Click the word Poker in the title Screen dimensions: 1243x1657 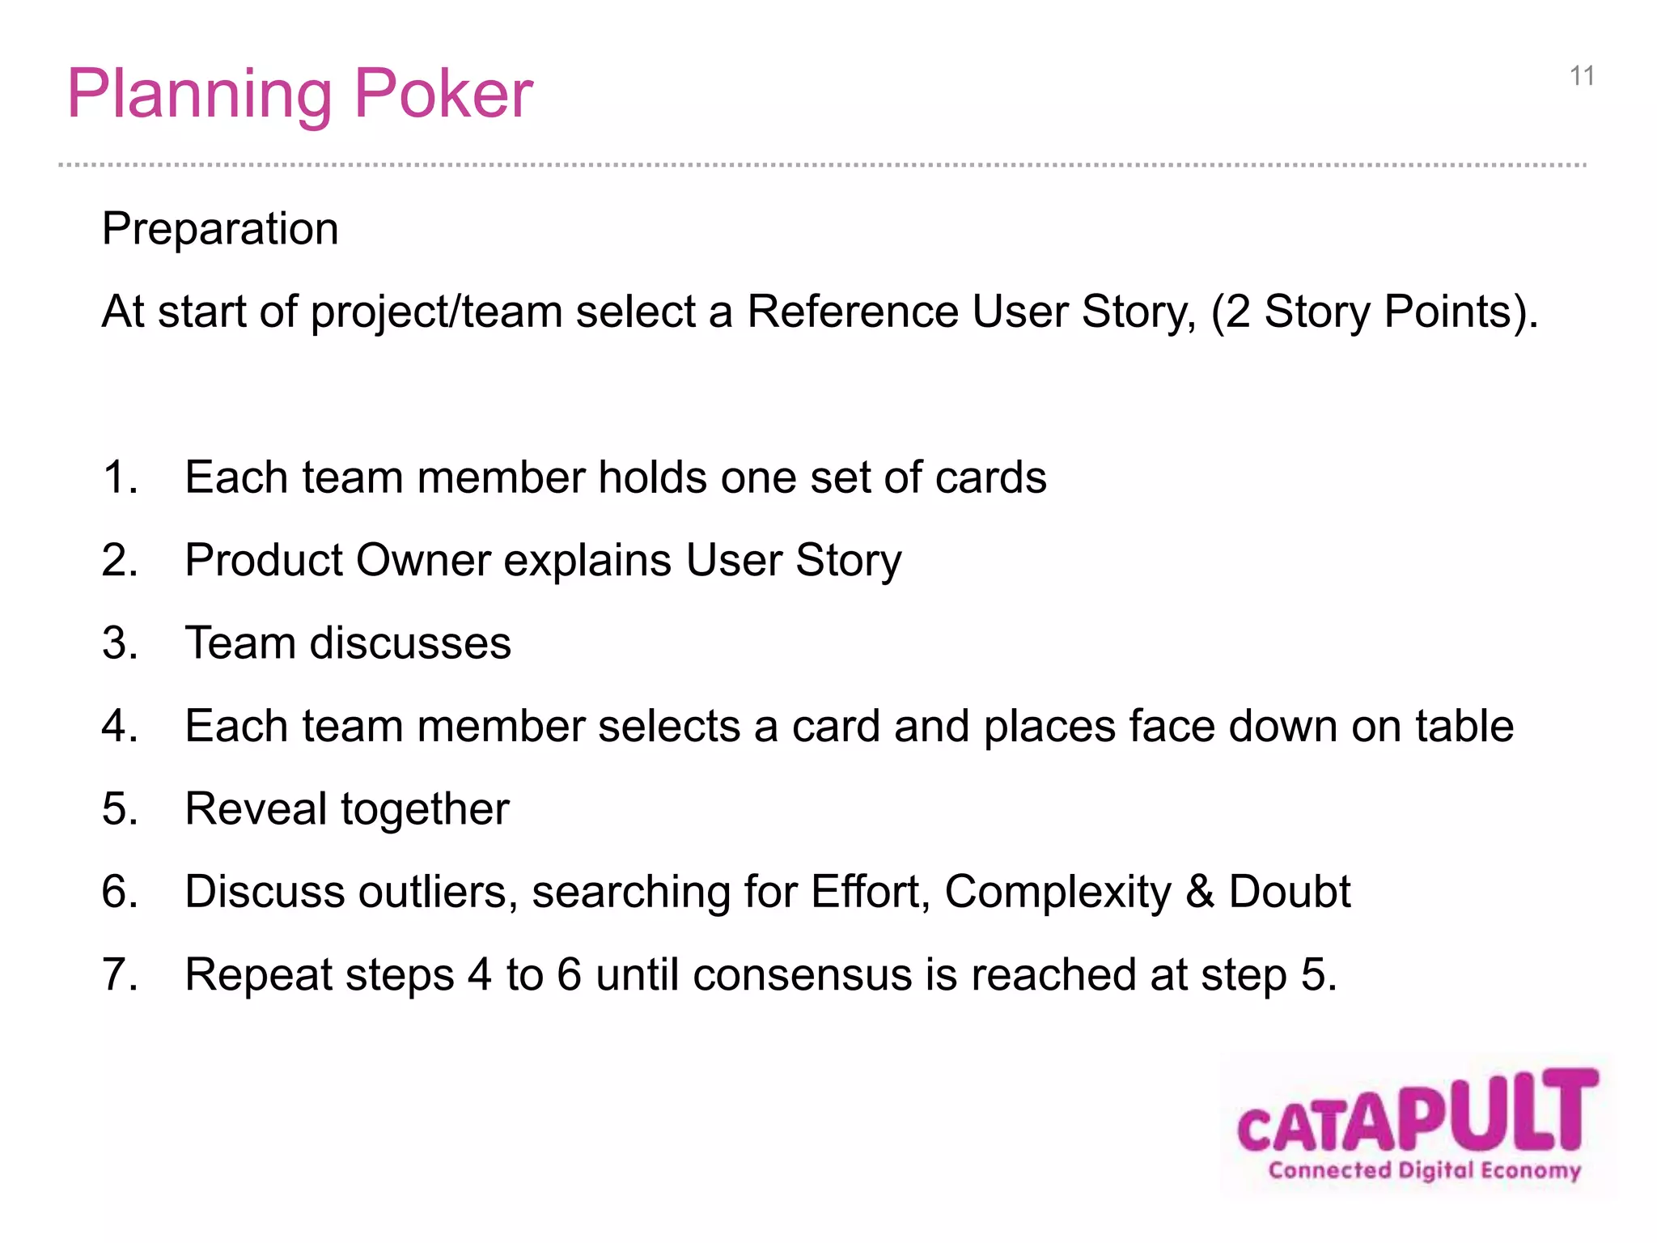pyautogui.click(x=443, y=95)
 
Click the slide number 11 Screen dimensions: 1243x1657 pyautogui.click(x=1582, y=76)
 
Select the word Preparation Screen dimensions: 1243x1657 pyautogui.click(x=220, y=229)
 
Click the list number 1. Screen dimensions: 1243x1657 pyautogui.click(x=120, y=477)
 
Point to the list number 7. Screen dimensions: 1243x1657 pyautogui.click(x=120, y=974)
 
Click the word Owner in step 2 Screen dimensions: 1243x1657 pyautogui.click(x=423, y=560)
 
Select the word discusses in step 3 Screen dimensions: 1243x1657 pyautogui.click(x=410, y=643)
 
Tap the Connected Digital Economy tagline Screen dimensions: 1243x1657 pyautogui.click(x=1424, y=1170)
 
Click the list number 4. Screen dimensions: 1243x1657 pyautogui.click(x=120, y=726)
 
